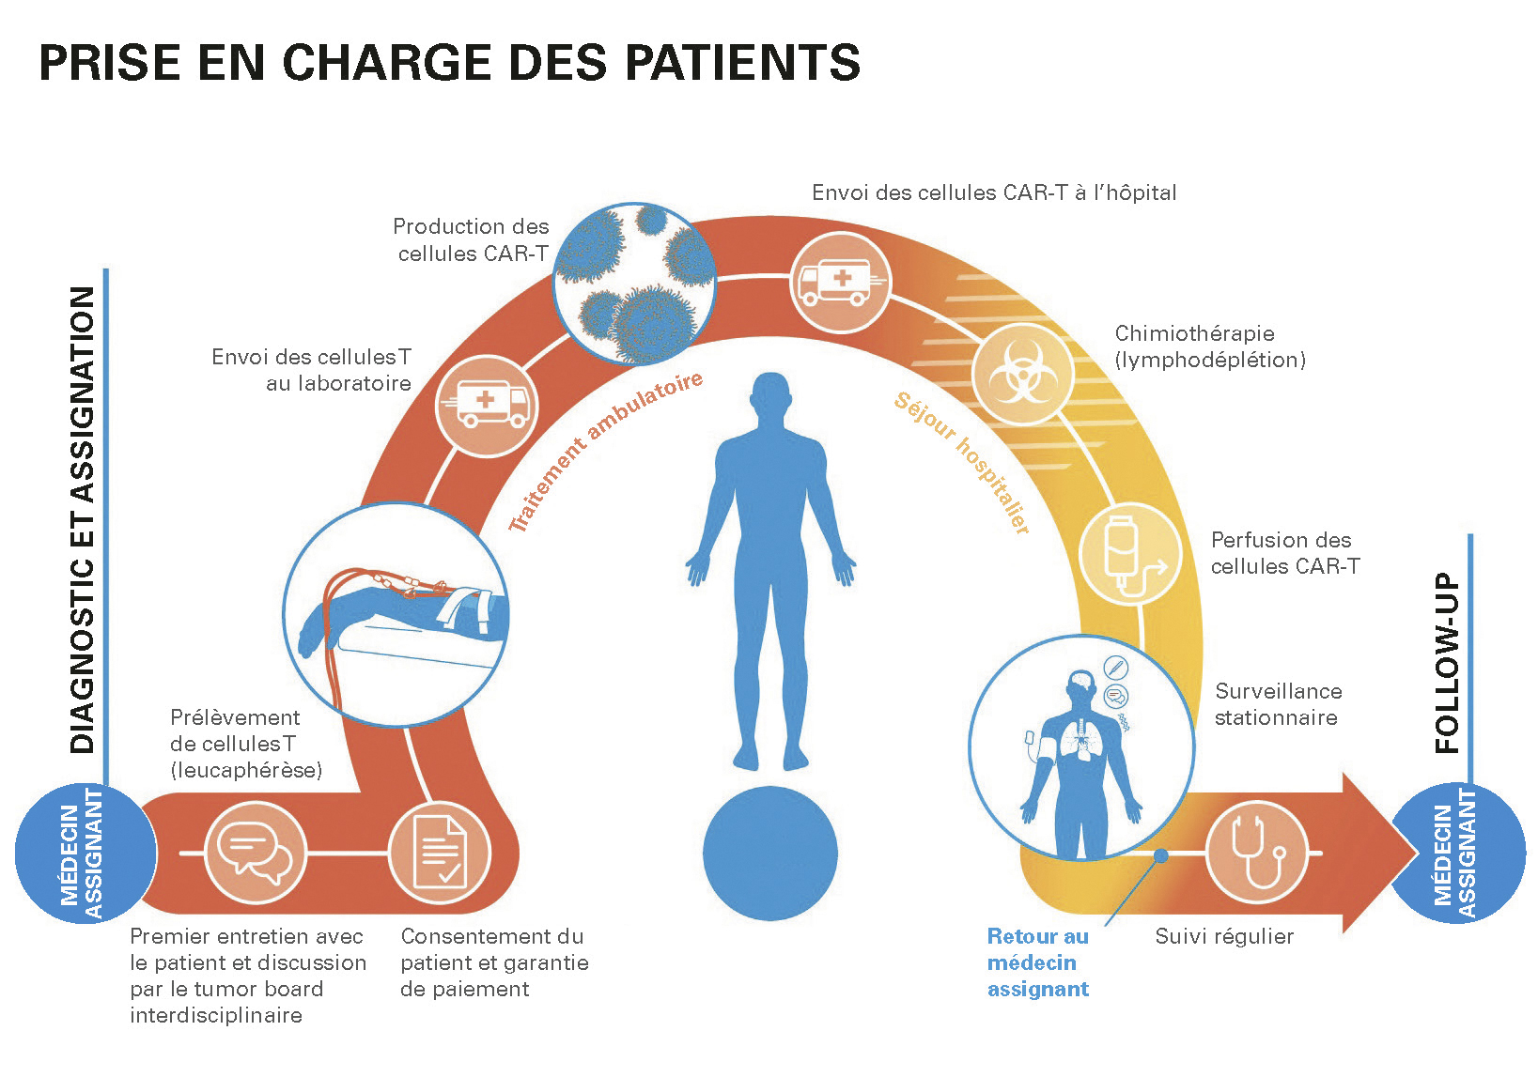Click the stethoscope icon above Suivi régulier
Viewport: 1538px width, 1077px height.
1256,852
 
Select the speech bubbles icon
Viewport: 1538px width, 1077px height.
255,853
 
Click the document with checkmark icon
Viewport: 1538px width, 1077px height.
440,853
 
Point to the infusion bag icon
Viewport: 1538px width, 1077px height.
1130,554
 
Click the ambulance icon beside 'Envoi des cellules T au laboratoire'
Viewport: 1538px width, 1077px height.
487,406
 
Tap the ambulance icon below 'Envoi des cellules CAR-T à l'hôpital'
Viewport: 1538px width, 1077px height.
841,283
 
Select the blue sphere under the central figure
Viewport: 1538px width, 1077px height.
770,853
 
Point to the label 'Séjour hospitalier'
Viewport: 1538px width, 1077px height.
962,463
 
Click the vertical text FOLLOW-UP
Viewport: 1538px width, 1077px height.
1447,663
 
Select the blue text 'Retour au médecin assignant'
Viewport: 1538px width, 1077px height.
1038,962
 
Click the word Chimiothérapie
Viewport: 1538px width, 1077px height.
1194,333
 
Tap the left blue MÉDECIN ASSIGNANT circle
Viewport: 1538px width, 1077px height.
85,853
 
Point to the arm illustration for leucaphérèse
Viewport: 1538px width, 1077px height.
396,614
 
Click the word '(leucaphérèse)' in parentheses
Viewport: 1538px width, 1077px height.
246,770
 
